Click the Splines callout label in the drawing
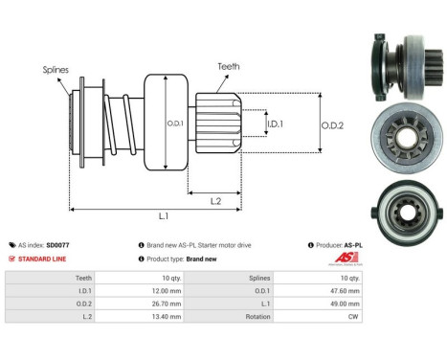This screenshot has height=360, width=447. [55, 69]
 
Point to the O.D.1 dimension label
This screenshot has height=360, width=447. [174, 123]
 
